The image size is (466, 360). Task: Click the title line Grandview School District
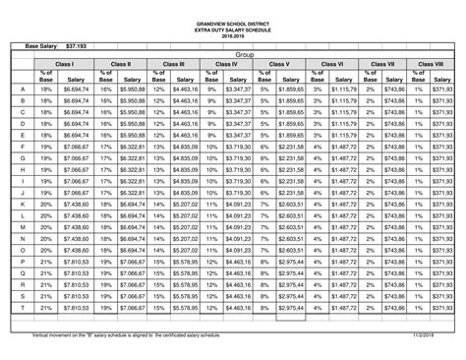pyautogui.click(x=233, y=21)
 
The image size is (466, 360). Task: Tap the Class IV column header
pyautogui.click(x=226, y=63)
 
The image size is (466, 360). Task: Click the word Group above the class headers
pyautogui.click(x=245, y=55)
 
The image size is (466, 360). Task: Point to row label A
pyautogui.click(x=22, y=89)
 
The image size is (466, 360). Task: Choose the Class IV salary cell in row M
pyautogui.click(x=238, y=227)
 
